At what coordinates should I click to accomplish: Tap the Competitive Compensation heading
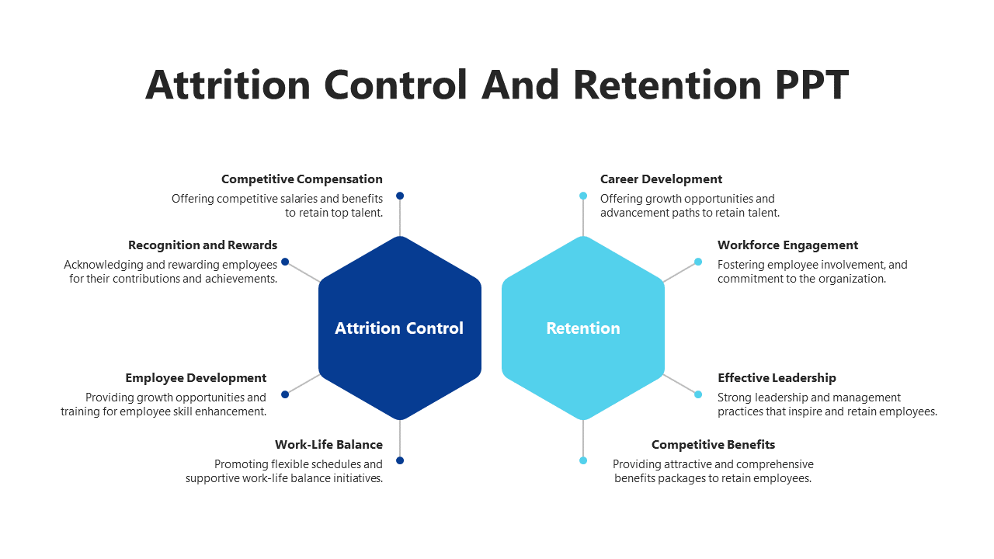pyautogui.click(x=301, y=179)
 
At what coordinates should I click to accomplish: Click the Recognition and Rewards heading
pyautogui.click(x=203, y=245)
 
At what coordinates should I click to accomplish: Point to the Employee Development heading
pyautogui.click(x=196, y=378)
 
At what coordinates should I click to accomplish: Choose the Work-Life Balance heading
pyautogui.click(x=328, y=445)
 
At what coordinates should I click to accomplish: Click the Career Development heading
pyautogui.click(x=661, y=179)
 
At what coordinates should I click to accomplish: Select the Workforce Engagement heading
pyautogui.click(x=787, y=245)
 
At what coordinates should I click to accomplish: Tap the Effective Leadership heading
pyautogui.click(x=777, y=378)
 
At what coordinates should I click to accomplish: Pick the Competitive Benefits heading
pyautogui.click(x=713, y=445)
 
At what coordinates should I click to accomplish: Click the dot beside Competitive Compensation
pyautogui.click(x=400, y=196)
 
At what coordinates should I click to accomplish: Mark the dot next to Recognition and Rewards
pyautogui.click(x=285, y=262)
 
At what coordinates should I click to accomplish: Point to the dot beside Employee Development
pyautogui.click(x=285, y=394)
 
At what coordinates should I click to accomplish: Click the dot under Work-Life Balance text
pyautogui.click(x=400, y=460)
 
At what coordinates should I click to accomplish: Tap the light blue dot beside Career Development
pyautogui.click(x=583, y=196)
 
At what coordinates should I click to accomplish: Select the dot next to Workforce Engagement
pyautogui.click(x=698, y=262)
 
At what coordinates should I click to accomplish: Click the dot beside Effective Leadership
pyautogui.click(x=698, y=394)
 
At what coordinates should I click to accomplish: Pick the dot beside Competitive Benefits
pyautogui.click(x=583, y=460)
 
